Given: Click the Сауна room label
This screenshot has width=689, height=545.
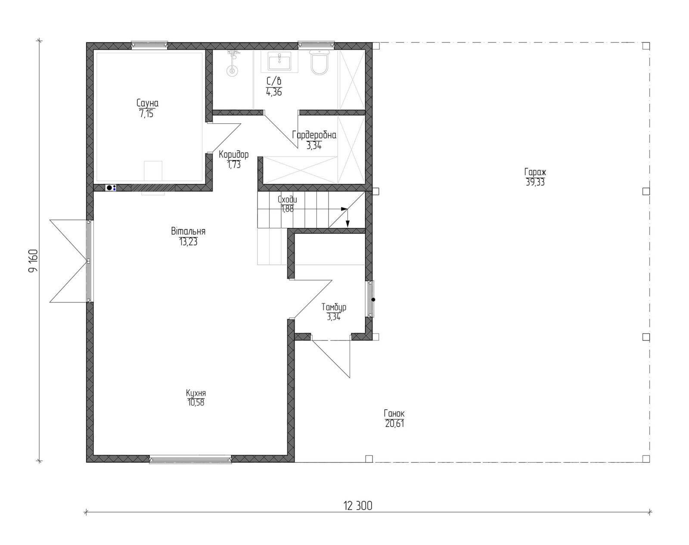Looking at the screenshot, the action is click(147, 103).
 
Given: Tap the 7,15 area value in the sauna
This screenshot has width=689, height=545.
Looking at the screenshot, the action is click(146, 114).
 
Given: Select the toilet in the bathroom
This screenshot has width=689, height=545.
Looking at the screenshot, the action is click(320, 62).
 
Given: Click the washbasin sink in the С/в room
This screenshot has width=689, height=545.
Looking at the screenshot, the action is click(279, 62).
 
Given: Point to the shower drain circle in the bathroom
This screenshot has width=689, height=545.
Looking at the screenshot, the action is click(232, 71).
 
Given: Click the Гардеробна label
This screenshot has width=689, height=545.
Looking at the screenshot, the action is click(314, 135).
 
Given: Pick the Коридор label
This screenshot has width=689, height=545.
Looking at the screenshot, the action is click(234, 155).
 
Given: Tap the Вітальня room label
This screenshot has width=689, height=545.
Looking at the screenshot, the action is click(188, 231).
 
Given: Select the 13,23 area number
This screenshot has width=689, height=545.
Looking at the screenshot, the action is click(188, 242).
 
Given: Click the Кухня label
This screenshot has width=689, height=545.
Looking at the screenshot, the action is click(196, 393).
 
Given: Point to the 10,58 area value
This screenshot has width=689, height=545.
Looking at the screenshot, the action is click(196, 403).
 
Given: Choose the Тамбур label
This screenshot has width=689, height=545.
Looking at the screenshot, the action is click(334, 307).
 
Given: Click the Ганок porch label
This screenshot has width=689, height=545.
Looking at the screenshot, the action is click(394, 413).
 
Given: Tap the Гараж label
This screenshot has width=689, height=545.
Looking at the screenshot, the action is click(535, 172).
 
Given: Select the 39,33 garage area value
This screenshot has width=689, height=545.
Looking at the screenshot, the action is click(535, 182).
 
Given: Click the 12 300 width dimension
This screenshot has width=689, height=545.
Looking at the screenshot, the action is click(358, 506).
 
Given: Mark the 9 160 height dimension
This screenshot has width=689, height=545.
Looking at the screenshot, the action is click(33, 261).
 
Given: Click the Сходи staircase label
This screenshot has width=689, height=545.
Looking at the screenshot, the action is click(287, 199).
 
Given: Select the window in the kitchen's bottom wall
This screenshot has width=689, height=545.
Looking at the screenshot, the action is click(190, 460).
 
